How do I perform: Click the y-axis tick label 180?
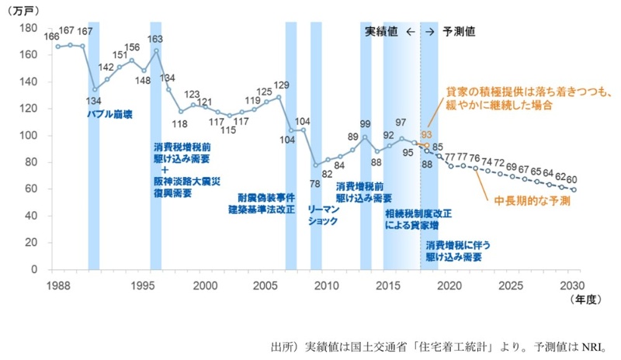coord(29,28)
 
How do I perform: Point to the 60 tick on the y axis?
coord(32,189)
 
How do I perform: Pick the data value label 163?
coord(155,39)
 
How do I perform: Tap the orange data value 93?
coord(426,134)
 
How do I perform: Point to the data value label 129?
coord(281,85)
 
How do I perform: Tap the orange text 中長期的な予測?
coord(533,201)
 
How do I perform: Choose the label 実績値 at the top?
coord(381,33)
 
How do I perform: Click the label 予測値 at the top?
coord(459,33)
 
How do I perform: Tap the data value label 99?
coord(365,123)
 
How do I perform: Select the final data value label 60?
coord(572,179)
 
